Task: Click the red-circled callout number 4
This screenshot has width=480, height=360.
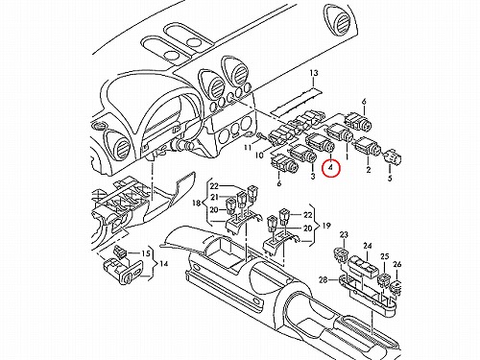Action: (331, 167)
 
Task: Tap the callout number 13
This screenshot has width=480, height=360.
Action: (314, 73)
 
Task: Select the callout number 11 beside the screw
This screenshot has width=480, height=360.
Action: (248, 148)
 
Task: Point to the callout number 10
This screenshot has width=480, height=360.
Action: (259, 156)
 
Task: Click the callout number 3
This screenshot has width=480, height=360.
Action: (313, 176)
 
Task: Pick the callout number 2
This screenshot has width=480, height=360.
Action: (369, 170)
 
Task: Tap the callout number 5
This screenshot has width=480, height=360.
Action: (390, 179)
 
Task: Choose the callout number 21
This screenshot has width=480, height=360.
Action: (214, 198)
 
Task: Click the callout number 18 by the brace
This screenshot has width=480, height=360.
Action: (197, 203)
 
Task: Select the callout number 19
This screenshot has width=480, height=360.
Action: (326, 226)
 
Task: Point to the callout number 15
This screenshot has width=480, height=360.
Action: (146, 253)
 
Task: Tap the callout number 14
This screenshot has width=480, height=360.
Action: (163, 264)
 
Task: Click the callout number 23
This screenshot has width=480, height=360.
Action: (344, 235)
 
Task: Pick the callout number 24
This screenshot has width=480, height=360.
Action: (368, 246)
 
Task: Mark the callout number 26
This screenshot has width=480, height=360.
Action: (397, 264)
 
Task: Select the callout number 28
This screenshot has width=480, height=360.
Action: (324, 280)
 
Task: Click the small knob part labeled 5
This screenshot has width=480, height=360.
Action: (393, 156)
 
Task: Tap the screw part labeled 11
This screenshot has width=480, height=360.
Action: (261, 136)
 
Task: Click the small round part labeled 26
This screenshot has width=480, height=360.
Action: (396, 286)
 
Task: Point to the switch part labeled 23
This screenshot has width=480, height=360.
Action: (341, 253)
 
